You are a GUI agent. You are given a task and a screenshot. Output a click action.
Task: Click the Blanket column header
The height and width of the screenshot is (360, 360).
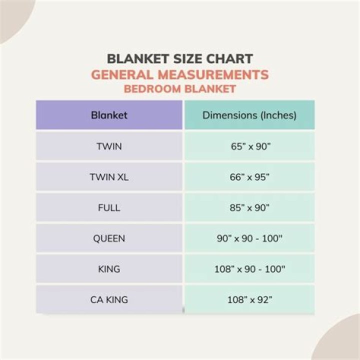(109, 115)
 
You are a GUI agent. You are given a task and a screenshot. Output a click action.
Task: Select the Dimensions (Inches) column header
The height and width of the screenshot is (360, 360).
(249, 115)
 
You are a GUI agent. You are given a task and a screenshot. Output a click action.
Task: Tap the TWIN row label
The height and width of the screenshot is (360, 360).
(109, 146)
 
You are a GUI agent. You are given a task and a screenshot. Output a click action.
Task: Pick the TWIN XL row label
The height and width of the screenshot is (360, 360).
(109, 177)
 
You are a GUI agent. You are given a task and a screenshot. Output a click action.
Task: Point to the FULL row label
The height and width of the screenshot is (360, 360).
(109, 207)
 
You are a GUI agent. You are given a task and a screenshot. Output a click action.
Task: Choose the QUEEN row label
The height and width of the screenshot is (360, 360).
(109, 238)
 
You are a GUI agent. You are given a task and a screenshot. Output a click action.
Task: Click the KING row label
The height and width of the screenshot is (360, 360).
(109, 269)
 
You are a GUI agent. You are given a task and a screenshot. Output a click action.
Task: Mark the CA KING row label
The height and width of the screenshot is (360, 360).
(109, 300)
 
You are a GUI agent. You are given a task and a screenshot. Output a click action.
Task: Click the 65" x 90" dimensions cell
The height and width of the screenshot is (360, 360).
(249, 146)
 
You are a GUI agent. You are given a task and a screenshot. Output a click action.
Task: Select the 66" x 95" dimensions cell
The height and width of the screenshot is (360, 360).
(249, 177)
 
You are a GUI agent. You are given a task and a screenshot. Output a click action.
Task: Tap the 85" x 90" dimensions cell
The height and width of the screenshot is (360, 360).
(249, 207)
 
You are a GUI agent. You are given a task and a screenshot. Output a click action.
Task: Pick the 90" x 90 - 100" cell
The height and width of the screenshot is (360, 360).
(249, 238)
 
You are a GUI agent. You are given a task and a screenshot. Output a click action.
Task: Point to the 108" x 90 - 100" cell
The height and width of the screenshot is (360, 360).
(249, 269)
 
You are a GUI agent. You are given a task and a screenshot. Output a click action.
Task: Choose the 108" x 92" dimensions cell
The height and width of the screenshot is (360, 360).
(249, 300)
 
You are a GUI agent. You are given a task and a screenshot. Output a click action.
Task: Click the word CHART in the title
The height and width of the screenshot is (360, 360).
(228, 58)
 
